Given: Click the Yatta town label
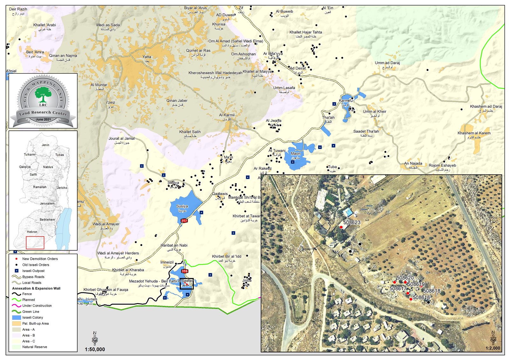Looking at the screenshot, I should [x=147, y=57].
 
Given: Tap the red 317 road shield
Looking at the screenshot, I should [x=184, y=221].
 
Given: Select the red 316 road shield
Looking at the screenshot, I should [x=185, y=271].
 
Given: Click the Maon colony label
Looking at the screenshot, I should [x=296, y=154].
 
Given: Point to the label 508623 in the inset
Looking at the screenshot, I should [x=352, y=223].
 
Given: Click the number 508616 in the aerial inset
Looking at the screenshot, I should [x=422, y=298].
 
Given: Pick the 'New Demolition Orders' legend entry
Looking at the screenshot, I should [x=40, y=259].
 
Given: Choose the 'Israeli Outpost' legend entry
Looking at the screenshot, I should [x=33, y=271].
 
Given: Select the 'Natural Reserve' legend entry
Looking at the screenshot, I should [x=34, y=347].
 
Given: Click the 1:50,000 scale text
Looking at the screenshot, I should [x=95, y=350].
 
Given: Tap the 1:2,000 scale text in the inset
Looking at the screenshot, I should [x=493, y=348].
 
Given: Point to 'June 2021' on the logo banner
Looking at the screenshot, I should [x=43, y=120].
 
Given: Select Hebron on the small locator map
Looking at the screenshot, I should [x=32, y=232].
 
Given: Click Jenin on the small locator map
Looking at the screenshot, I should [x=45, y=145].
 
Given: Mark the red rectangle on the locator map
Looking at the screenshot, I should [x=35, y=243].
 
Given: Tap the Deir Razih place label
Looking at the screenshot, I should [x=18, y=9].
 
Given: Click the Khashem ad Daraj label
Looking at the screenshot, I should [x=486, y=107].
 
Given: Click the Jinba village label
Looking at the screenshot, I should [x=247, y=280].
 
